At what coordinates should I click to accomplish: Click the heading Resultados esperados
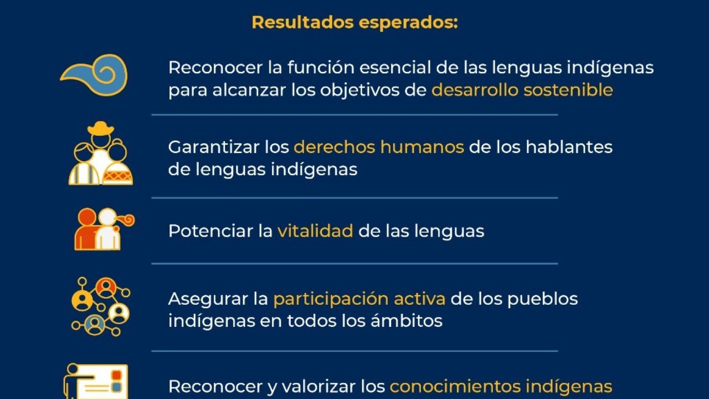click(x=355, y=23)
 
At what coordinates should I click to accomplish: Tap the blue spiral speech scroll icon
click(x=94, y=75)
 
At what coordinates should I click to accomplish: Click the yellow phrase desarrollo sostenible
click(x=522, y=90)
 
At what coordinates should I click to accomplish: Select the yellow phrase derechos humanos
click(x=379, y=147)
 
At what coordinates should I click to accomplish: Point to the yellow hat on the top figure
click(x=101, y=127)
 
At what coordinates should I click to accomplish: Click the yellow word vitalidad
click(x=315, y=231)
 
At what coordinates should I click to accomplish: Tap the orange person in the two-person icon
click(x=86, y=229)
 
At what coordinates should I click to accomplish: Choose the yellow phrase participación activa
click(x=359, y=299)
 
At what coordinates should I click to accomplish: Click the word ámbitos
click(x=407, y=320)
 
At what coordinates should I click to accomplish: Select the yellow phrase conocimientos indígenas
click(x=501, y=386)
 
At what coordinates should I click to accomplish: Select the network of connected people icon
click(x=101, y=306)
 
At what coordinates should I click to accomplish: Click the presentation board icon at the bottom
click(x=96, y=381)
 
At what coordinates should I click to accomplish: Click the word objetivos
click(x=359, y=90)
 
